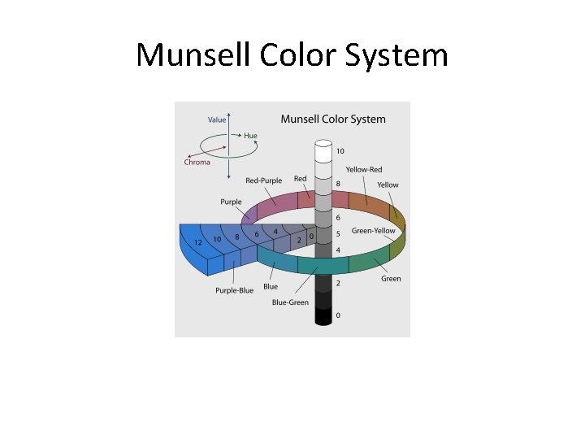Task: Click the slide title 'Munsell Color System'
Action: point(292,55)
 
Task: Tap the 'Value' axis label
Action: point(217,120)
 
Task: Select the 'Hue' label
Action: point(250,136)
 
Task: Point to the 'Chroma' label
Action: point(197,162)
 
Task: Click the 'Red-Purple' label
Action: point(263,180)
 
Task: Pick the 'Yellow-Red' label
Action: point(363,169)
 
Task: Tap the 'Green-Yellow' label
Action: point(374,231)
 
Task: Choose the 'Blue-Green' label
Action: point(290,302)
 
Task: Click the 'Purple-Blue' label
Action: point(234,290)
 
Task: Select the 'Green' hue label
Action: point(391,279)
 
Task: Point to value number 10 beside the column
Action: point(340,151)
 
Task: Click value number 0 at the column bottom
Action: point(338,315)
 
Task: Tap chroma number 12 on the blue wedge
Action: point(197,242)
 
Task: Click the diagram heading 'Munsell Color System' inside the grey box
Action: point(333,119)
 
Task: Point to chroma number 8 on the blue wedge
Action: point(236,237)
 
